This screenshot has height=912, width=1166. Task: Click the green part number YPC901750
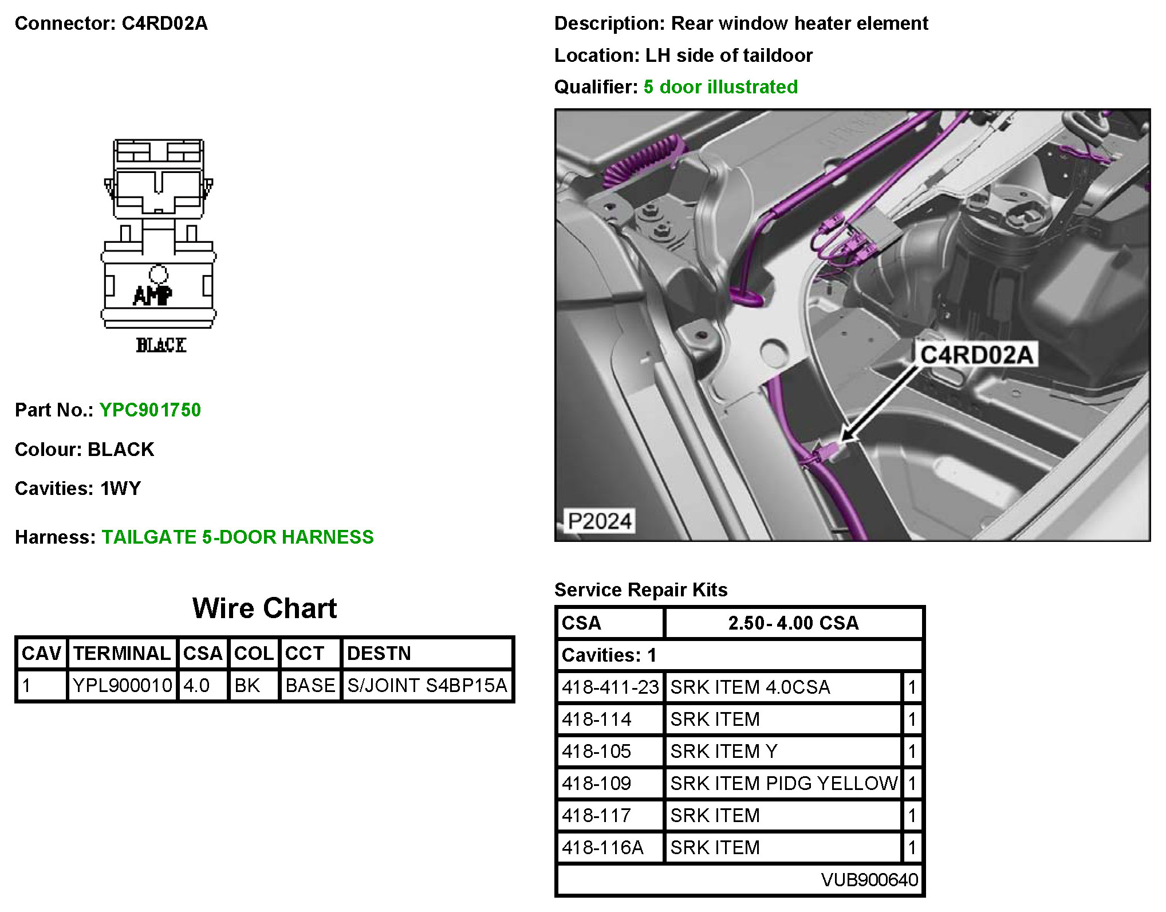(150, 410)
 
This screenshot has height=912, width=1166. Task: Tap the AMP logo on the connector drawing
(152, 295)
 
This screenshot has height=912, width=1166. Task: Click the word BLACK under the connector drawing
(161, 345)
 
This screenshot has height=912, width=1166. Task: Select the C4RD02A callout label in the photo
(976, 355)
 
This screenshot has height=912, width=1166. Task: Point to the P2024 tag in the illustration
(599, 521)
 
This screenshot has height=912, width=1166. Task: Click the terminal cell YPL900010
(122, 685)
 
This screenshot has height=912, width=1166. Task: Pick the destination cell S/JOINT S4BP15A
(427, 685)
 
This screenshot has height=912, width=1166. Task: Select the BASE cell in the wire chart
(310, 685)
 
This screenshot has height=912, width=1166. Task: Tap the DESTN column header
(379, 654)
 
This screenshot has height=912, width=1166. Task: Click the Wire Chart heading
(265, 608)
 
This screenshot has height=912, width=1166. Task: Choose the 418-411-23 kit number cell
(610, 687)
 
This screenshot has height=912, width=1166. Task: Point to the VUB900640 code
(869, 879)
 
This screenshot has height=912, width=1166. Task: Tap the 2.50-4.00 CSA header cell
(793, 623)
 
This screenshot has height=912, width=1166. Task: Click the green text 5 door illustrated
(720, 87)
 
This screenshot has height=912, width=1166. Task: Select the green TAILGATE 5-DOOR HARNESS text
(238, 537)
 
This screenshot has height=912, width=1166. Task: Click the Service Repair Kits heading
(641, 590)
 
